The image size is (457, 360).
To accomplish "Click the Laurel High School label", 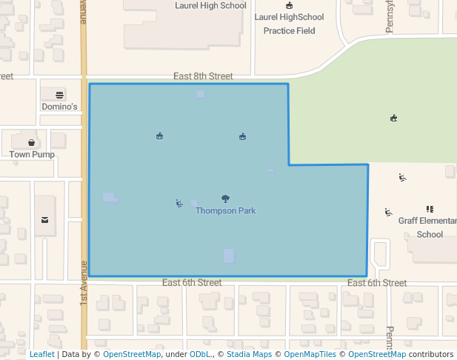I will (210, 6).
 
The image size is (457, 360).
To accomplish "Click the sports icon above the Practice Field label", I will (289, 6).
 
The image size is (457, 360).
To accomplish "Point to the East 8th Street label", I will (203, 76).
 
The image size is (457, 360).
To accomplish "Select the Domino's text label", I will (59, 107).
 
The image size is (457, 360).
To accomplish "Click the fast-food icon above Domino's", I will (60, 94).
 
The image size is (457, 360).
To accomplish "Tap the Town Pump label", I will (32, 155).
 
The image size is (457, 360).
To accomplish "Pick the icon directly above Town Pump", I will (32, 142).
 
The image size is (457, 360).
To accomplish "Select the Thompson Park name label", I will (226, 211).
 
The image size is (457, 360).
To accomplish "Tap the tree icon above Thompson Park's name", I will (226, 199).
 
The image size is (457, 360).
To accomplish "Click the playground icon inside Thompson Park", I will (179, 203).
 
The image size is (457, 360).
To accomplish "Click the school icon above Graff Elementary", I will (430, 209).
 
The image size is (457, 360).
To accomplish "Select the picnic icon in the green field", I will (393, 118).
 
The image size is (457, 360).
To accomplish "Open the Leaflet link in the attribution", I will (42, 355).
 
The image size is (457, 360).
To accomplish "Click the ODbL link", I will (200, 355).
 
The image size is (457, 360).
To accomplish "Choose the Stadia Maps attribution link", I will (249, 355).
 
